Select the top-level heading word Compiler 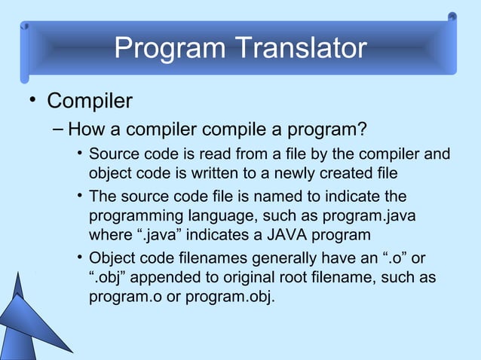(x=90, y=100)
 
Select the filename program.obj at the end (x=229, y=297)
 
